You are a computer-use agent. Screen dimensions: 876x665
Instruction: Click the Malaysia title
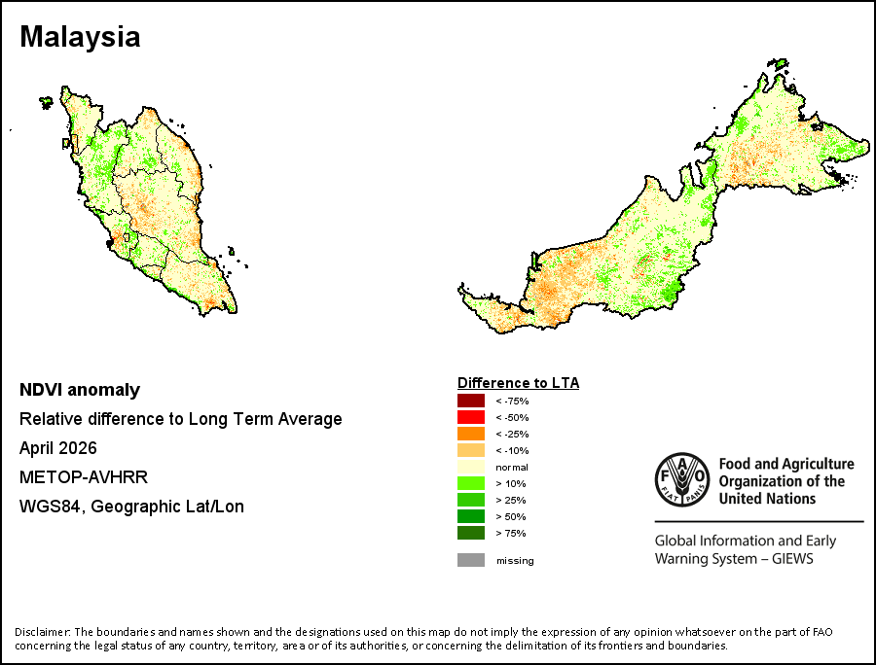[80, 37]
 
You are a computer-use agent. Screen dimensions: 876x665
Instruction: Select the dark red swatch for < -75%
[471, 401]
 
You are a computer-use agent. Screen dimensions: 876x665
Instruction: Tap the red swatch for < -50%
[471, 417]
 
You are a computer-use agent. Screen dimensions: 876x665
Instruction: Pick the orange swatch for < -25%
[471, 434]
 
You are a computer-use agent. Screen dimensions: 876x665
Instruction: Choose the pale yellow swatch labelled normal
[471, 467]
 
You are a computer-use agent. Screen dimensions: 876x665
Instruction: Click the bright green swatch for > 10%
[471, 483]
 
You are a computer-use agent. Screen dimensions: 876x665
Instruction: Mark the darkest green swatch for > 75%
[471, 533]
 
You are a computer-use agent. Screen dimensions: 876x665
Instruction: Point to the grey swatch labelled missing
[471, 560]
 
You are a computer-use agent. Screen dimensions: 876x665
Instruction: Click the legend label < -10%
[512, 451]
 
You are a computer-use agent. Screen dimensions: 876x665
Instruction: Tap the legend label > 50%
[511, 516]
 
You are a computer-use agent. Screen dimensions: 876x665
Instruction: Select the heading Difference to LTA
[519, 383]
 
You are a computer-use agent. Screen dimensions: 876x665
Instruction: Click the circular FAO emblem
[682, 479]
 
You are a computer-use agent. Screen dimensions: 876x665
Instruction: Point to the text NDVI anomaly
[80, 390]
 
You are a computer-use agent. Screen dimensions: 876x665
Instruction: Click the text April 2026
[58, 448]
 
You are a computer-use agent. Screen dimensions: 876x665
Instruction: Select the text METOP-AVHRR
[84, 477]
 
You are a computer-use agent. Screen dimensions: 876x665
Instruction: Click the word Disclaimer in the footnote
[43, 632]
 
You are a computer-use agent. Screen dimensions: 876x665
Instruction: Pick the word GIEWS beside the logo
[792, 559]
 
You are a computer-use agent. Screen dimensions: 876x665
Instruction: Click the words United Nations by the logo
[767, 498]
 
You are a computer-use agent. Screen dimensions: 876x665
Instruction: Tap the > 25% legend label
[511, 501]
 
